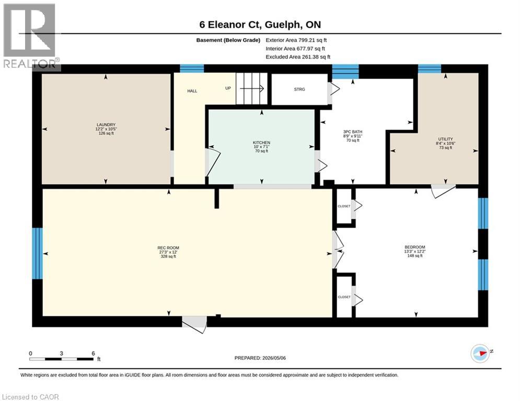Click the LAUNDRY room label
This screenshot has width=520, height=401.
106,125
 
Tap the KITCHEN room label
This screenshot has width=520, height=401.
261,143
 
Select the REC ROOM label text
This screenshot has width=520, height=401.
168,248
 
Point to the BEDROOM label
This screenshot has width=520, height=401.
414,247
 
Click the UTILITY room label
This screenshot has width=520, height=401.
445,139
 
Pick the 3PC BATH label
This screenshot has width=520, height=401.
353,132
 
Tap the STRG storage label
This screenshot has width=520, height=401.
299,89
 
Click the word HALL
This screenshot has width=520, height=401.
192,91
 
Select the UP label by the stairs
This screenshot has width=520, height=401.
228,88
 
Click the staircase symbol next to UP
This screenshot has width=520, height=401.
252,88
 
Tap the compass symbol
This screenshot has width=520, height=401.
480,353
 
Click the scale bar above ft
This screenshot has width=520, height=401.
61,359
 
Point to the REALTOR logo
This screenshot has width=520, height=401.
30,37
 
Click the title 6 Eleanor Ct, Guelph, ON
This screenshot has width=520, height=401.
260,25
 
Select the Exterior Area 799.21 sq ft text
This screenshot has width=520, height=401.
296,40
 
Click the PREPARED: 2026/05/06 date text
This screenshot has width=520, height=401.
260,358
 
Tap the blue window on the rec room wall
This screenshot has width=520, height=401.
37,254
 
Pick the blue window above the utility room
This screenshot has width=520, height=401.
430,68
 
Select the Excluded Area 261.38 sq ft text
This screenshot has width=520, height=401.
298,57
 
